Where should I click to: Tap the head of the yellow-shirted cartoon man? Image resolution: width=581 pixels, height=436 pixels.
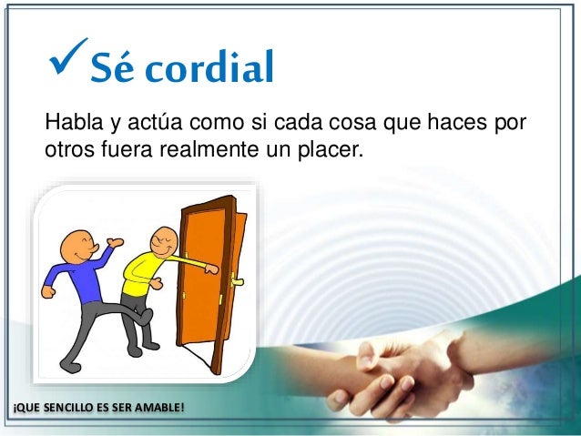point(161,243)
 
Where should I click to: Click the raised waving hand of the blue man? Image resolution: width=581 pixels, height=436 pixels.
point(114,243)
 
